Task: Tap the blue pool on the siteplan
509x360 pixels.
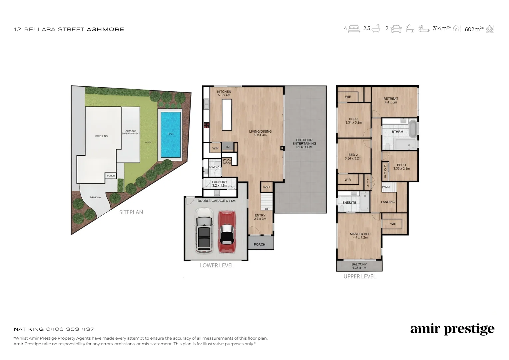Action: point(171,134)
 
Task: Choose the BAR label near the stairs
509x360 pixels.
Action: point(266,187)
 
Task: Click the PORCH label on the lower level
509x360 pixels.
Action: point(259,245)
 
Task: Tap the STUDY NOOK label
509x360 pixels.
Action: point(227,162)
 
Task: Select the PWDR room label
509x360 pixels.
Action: point(214,167)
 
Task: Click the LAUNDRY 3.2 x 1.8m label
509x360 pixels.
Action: point(220,184)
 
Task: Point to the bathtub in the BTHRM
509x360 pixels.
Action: point(413,129)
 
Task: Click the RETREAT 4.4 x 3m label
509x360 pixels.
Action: point(391,100)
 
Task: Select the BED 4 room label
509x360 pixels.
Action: point(401,167)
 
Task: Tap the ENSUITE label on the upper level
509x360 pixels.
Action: point(349,203)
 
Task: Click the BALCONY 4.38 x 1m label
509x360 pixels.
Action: point(359,266)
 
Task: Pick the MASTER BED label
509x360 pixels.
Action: point(360,236)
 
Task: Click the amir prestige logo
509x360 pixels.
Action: point(452,329)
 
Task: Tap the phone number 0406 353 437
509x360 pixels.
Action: point(70,329)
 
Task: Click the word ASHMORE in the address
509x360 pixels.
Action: point(105,29)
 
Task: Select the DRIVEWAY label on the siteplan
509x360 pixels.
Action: point(96,197)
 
